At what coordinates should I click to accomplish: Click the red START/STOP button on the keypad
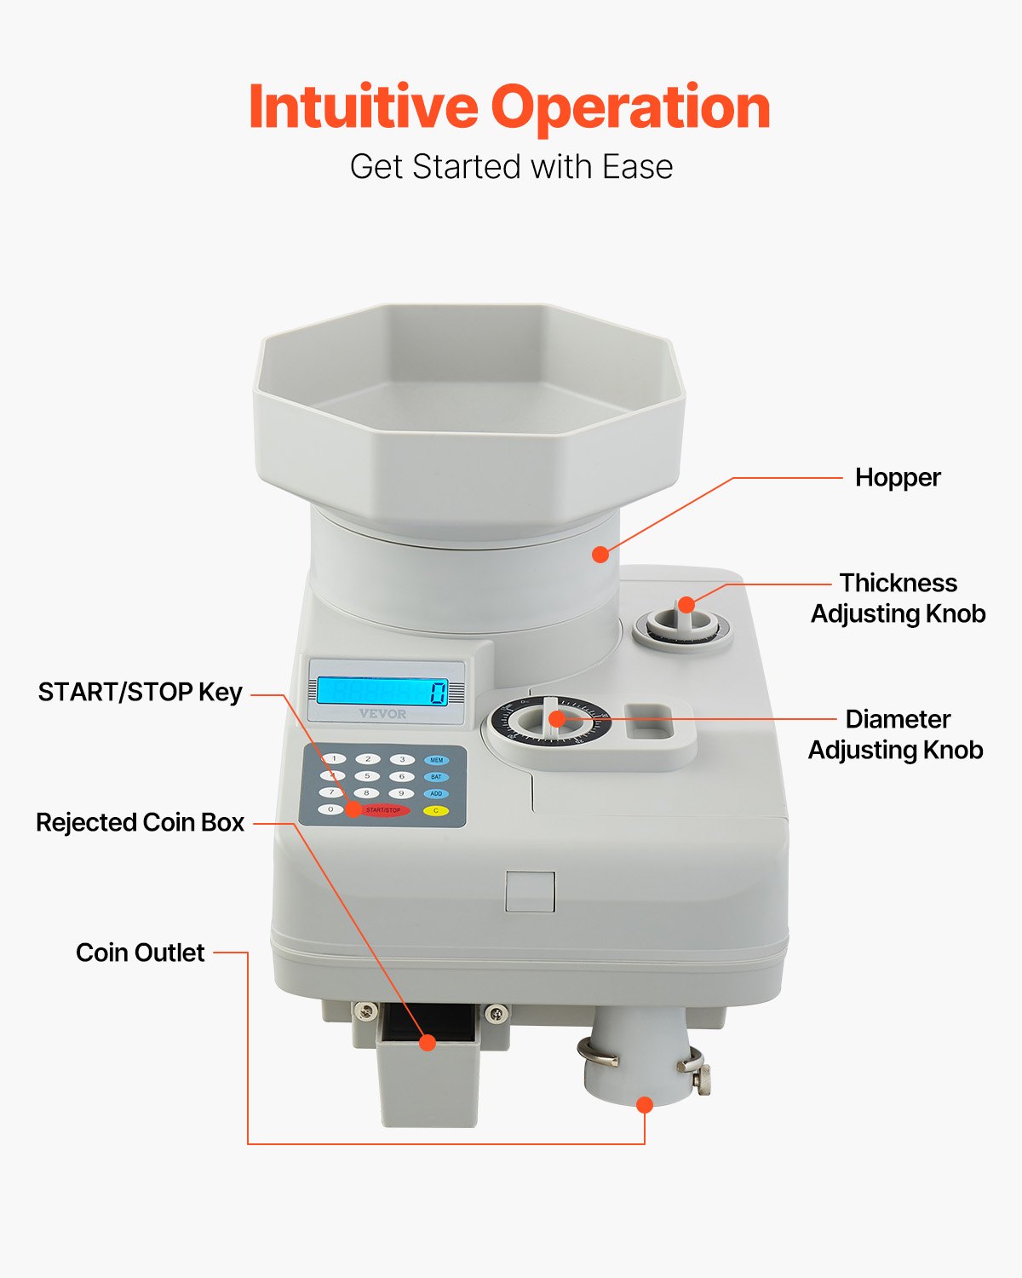pos(385,810)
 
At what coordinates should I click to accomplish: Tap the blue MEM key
pos(436,760)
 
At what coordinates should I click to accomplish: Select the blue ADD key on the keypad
pos(436,793)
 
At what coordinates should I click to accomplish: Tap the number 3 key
pos(402,759)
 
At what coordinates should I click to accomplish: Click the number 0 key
pos(331,809)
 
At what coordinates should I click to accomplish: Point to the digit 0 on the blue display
pos(438,692)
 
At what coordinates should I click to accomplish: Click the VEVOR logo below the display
pos(382,714)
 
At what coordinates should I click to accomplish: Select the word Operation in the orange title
pos(630,107)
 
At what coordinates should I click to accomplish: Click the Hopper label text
pos(898,477)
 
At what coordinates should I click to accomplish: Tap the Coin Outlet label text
pos(141,953)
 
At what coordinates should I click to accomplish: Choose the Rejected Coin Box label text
pos(141,822)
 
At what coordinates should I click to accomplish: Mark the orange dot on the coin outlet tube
pos(645,1105)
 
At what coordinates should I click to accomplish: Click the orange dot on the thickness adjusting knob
pos(686,606)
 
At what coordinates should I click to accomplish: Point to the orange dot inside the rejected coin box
pos(428,1042)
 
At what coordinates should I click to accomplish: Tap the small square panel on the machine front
pos(530,891)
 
